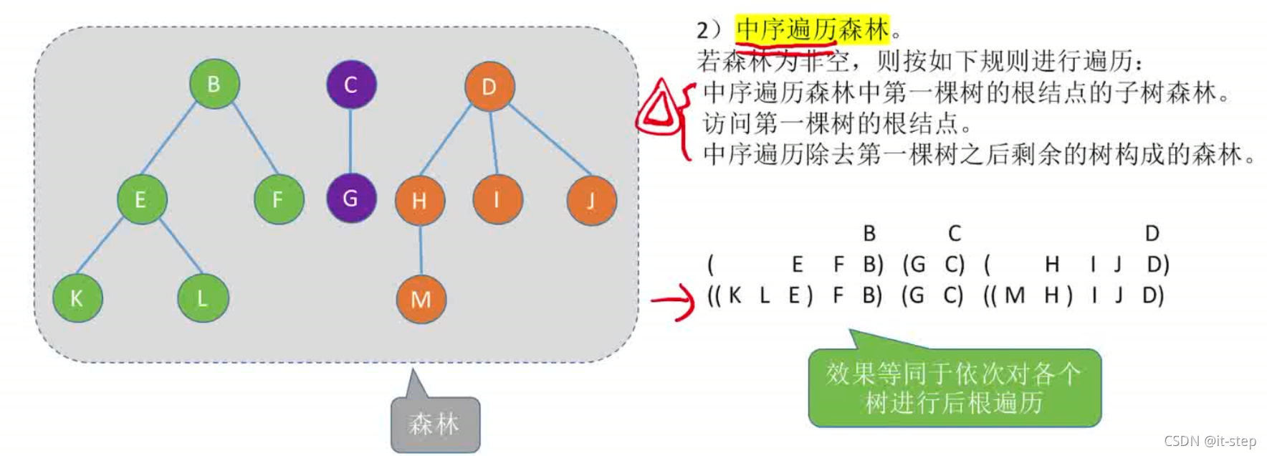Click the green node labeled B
(214, 84)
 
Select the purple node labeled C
(351, 85)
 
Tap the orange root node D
(489, 87)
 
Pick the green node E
(142, 199)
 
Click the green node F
(279, 199)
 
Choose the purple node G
(351, 198)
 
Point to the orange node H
(420, 201)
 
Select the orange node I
(497, 199)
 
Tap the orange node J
(591, 201)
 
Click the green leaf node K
(77, 298)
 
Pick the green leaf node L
(203, 298)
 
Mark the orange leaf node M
(421, 299)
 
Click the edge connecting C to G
(350, 141)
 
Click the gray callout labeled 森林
(435, 424)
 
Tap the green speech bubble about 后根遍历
(954, 388)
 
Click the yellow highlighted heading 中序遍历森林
(812, 29)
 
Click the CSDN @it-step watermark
(1210, 441)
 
